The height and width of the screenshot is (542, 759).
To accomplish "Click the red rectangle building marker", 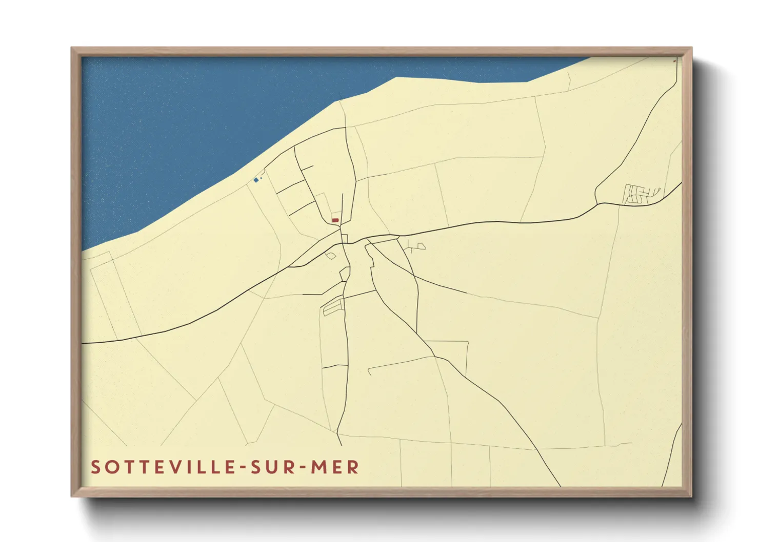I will pos(335,220).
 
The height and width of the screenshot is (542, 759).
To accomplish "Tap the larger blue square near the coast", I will pos(256,180).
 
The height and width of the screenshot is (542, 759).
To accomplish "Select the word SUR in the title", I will pos(271,467).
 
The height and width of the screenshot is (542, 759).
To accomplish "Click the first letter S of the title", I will pos(96,467).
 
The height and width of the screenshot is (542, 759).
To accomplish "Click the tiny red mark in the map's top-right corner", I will pos(674,61).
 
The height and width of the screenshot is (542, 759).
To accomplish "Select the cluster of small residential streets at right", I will pos(641,194).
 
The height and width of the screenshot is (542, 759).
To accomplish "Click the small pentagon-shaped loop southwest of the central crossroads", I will pos(331,255).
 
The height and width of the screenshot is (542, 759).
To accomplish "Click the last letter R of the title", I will pos(353,467).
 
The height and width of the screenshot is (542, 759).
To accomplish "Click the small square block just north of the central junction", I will pos(345,238).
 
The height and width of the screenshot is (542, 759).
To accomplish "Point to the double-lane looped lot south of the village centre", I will pos(333,306).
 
